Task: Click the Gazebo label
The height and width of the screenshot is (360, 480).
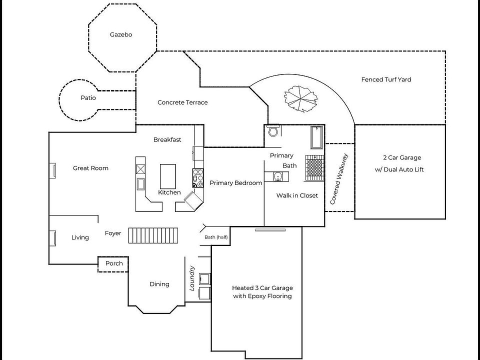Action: pyautogui.click(x=120, y=35)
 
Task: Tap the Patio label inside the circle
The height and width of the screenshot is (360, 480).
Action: pyautogui.click(x=88, y=98)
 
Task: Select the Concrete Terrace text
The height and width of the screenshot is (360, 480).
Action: pyautogui.click(x=182, y=102)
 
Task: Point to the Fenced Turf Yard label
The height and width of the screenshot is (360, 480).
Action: pyautogui.click(x=386, y=79)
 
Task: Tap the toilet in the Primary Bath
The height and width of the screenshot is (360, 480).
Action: pyautogui.click(x=273, y=131)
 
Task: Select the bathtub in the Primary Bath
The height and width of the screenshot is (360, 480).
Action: pyautogui.click(x=316, y=138)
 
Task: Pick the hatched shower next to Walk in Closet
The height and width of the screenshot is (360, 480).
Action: pyautogui.click(x=315, y=167)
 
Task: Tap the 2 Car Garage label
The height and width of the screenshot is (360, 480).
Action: pyautogui.click(x=399, y=163)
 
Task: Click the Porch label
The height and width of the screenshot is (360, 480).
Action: pyautogui.click(x=113, y=263)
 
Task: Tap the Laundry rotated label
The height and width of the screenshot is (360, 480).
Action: pyautogui.click(x=191, y=278)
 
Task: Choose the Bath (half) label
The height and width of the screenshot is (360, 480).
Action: pyautogui.click(x=216, y=237)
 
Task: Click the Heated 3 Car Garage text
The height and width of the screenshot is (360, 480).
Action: pyautogui.click(x=262, y=292)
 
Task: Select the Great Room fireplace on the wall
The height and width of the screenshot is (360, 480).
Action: pyautogui.click(x=52, y=170)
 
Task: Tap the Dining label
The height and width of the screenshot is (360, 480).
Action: pyautogui.click(x=159, y=284)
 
